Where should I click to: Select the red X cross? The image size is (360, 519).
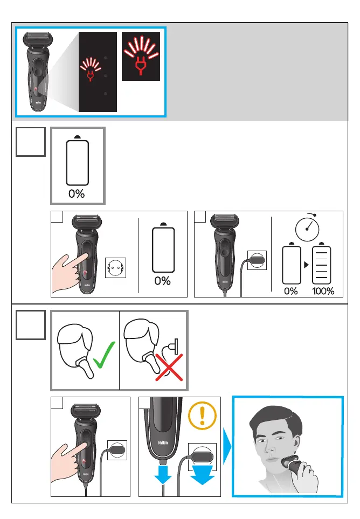pos(169,368)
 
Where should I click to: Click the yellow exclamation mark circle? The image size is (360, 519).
pos(202,416)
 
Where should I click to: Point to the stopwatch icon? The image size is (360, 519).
pos(307,228)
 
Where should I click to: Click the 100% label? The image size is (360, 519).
pos(323,291)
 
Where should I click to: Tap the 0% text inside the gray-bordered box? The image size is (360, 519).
pos(77,193)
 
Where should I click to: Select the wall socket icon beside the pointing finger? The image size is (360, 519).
pos(115,267)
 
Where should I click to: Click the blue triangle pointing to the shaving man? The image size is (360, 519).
pos(227,446)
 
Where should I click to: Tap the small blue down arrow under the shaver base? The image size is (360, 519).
pos(163,475)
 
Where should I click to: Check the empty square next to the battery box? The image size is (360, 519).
pos(31,142)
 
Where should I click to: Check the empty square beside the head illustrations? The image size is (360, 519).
pos(31,325)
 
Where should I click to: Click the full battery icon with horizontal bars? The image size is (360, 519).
pos(321,264)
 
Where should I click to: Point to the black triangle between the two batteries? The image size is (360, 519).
pos(306,265)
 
